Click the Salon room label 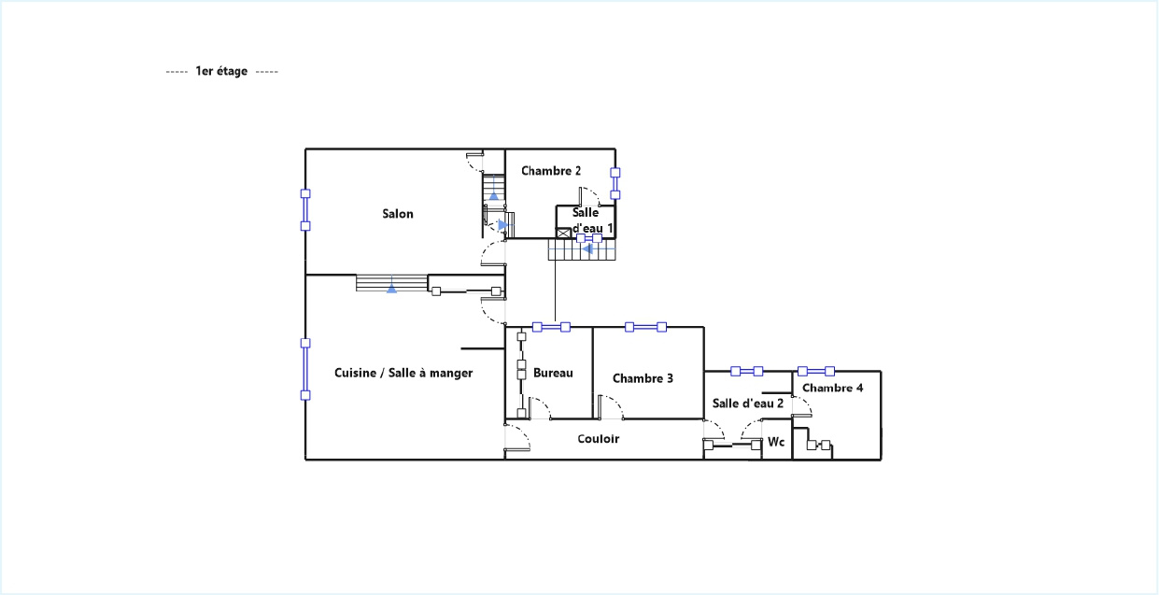(398, 214)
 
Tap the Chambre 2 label (551, 171)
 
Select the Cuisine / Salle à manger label (403, 373)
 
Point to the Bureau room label (553, 373)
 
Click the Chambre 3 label (643, 378)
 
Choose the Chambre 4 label (833, 388)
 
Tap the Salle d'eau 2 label (747, 404)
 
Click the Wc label (776, 442)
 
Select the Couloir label (598, 439)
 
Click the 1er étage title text (221, 71)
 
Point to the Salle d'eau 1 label (590, 220)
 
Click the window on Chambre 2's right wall (615, 184)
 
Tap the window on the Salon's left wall (305, 209)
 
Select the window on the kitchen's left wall (305, 369)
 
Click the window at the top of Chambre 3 (645, 327)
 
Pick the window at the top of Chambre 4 (816, 371)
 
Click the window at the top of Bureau (551, 327)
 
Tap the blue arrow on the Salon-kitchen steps (392, 289)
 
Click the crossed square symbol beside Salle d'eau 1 (563, 234)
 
